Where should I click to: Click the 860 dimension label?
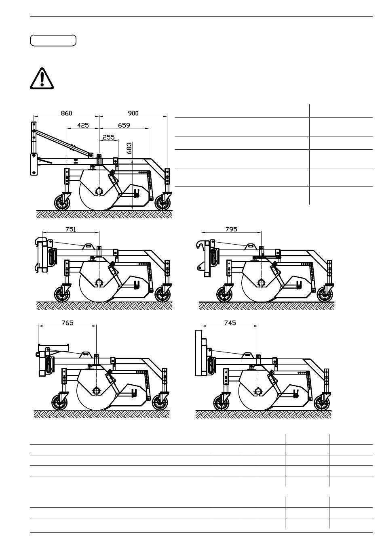[x=66, y=113]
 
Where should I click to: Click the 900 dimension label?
[x=133, y=113]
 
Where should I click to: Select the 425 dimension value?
[x=83, y=125]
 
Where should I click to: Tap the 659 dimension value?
[x=124, y=125]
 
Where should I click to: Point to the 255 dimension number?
[x=109, y=137]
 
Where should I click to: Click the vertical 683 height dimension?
[x=129, y=148]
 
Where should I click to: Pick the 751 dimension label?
[x=71, y=229]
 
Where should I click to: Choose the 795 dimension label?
[x=231, y=229]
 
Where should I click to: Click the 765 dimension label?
[x=68, y=323]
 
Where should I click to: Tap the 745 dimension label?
[x=230, y=323]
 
